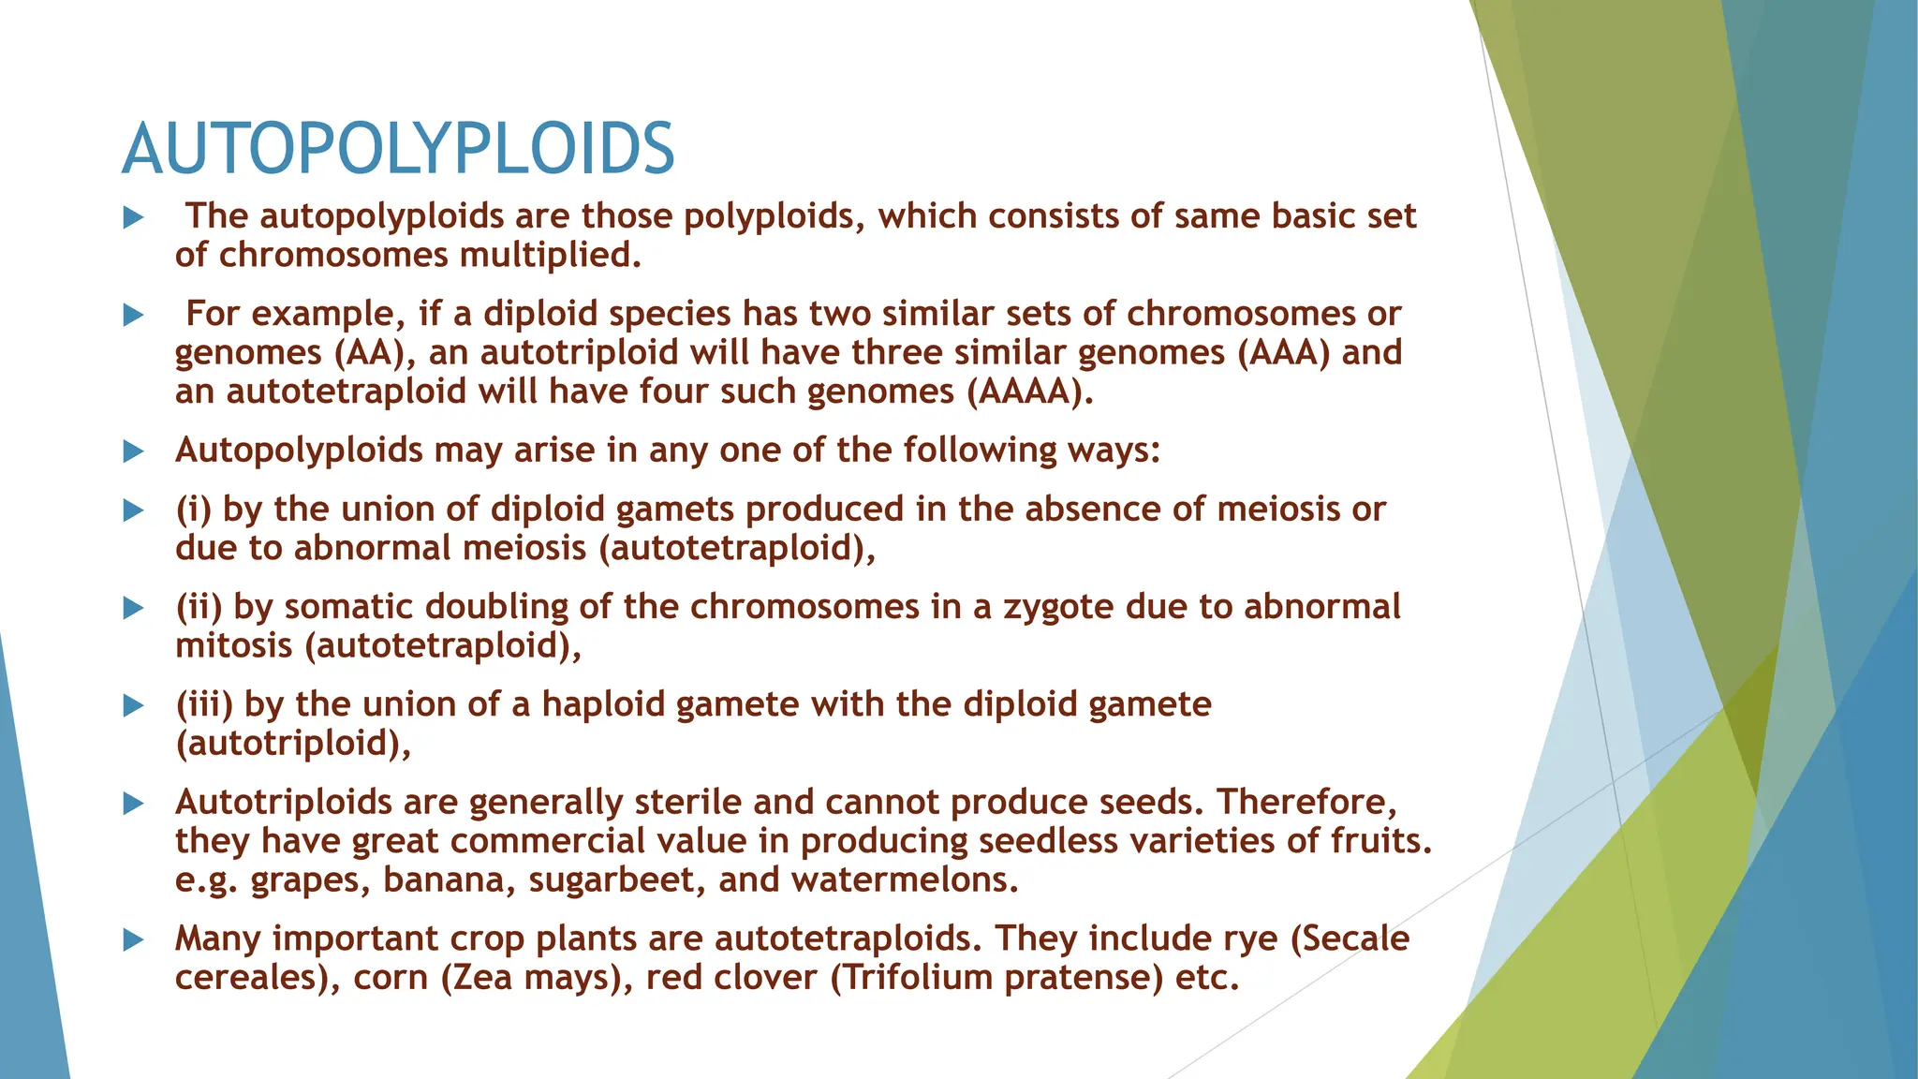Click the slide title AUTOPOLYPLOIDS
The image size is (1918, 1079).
[398, 150]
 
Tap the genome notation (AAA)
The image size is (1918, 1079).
[1283, 353]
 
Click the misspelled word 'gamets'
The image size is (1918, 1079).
[674, 510]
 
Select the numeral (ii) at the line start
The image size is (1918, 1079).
[199, 607]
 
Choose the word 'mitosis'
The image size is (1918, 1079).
[234, 646]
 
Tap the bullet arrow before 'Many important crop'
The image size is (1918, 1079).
[134, 939]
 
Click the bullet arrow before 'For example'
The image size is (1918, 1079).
[134, 315]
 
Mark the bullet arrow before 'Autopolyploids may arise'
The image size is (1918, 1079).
[134, 451]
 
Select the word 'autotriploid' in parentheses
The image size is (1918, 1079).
[293, 744]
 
